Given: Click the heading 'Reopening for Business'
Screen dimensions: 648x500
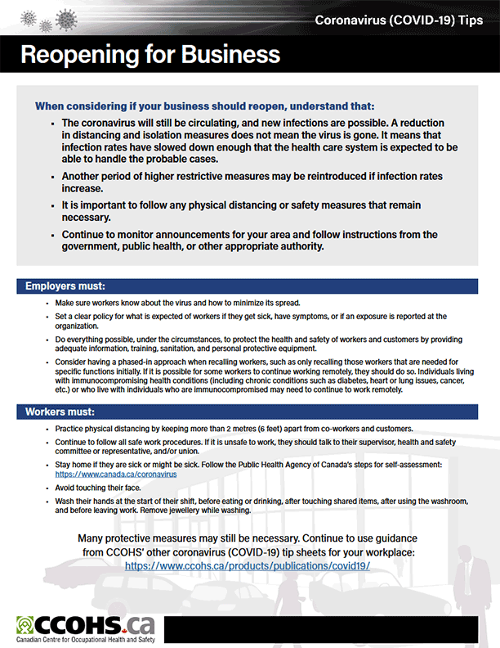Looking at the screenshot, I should (x=150, y=55).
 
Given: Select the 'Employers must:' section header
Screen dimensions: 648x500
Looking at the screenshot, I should (x=65, y=286).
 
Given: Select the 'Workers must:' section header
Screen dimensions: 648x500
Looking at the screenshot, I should (x=60, y=411).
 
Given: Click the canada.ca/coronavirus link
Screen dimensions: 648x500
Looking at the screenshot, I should (x=116, y=474).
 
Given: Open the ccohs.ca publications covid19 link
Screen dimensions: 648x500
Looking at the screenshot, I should (x=248, y=565).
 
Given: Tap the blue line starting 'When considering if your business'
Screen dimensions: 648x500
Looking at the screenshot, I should (x=205, y=106).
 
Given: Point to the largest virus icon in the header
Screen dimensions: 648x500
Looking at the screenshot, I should (x=65, y=18).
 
